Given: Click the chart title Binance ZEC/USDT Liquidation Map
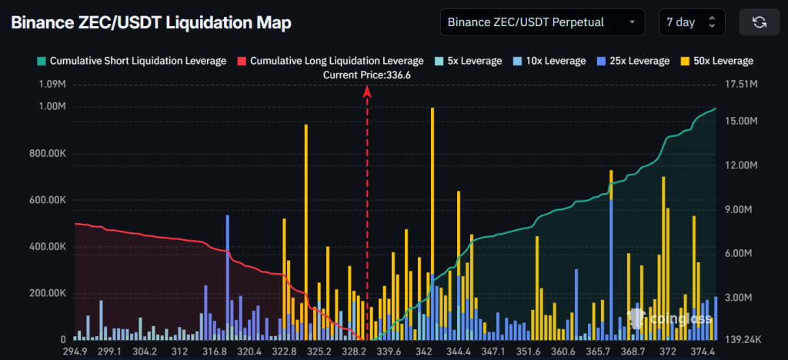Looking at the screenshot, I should click(151, 23).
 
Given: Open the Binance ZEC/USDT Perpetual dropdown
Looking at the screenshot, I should click(542, 22).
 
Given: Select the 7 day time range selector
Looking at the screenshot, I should click(691, 22).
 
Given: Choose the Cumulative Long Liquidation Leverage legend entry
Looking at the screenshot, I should click(330, 61).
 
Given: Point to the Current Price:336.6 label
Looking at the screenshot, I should click(366, 75).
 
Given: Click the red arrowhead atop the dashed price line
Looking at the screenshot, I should click(367, 91).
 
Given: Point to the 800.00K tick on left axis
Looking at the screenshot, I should click(47, 153).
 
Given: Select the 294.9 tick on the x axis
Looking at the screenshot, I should click(75, 352).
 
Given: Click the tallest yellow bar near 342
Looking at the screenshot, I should click(432, 223).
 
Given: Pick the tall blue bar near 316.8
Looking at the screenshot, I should click(228, 277).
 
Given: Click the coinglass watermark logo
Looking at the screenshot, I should click(658, 317).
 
